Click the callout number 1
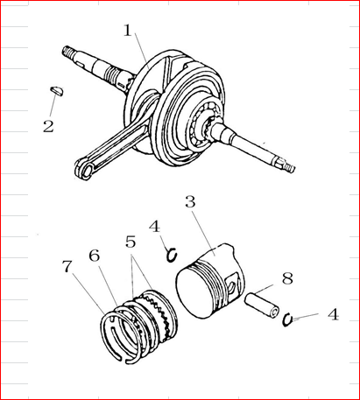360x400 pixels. coord(128,30)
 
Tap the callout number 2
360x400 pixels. coord(48,126)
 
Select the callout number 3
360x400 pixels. coord(190,201)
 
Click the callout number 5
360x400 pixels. coord(131,242)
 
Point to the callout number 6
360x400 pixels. coord(95,256)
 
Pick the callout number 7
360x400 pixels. coord(67,266)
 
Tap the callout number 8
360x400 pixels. coord(287,278)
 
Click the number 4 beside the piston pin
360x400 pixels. coord(333,314)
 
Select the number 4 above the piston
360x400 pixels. coord(154,227)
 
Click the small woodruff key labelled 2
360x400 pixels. coord(56,91)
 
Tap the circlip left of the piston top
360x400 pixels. coord(172,255)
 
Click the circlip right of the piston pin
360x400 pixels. coord(287,320)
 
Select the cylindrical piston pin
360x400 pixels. coord(262,306)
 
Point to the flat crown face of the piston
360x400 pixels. coord(194,291)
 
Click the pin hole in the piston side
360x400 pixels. coord(231,284)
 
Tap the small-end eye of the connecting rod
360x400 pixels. coord(86,169)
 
